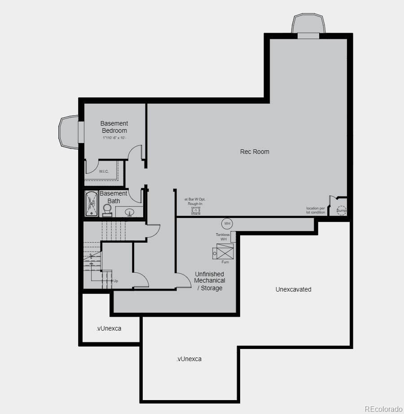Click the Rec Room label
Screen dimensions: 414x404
(255, 152)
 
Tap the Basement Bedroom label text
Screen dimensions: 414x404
(114, 127)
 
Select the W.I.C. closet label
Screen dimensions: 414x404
(104, 171)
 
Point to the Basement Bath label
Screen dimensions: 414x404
(114, 197)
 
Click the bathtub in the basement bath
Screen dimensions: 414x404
(92, 204)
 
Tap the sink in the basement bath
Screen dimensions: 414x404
(130, 212)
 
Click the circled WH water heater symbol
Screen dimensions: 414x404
(227, 223)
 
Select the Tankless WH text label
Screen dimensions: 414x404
(223, 237)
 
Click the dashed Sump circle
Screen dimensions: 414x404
(342, 210)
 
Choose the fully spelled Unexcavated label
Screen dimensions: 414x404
(293, 289)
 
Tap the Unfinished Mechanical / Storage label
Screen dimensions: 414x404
(210, 281)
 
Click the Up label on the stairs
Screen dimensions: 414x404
(115, 281)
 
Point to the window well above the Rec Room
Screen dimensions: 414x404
(307, 25)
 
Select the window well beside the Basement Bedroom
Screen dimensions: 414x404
(69, 131)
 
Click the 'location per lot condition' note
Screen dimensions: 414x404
(316, 210)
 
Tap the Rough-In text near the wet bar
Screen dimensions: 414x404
(195, 204)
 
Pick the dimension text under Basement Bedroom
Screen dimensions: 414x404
(114, 137)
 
